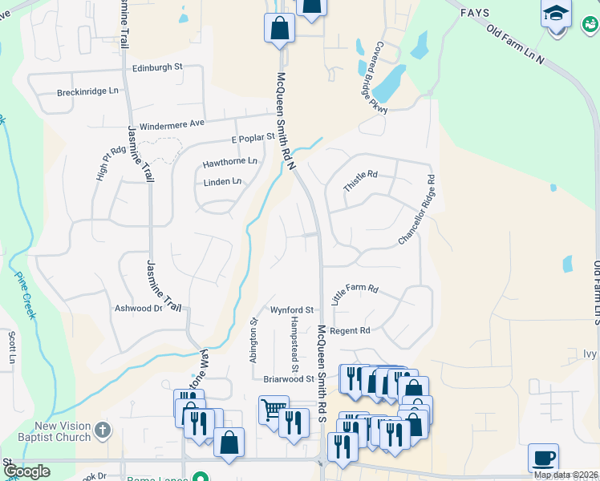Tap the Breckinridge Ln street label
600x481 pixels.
click(x=88, y=93)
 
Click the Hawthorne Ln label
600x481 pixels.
click(x=230, y=161)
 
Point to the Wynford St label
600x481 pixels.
click(x=291, y=309)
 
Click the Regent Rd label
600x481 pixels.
click(x=350, y=330)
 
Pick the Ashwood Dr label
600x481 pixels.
click(x=139, y=309)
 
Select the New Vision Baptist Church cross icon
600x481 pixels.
click(x=102, y=430)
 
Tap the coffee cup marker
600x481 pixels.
click(x=543, y=457)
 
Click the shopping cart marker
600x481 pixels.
click(x=273, y=409)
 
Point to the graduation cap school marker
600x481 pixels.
click(x=556, y=14)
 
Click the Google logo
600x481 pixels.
click(x=26, y=471)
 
